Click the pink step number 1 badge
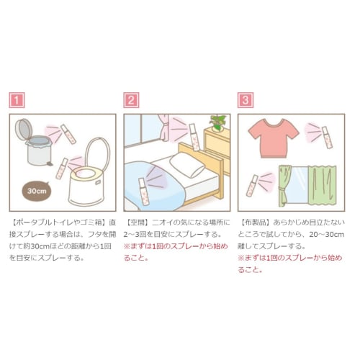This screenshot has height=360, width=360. [17, 101]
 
